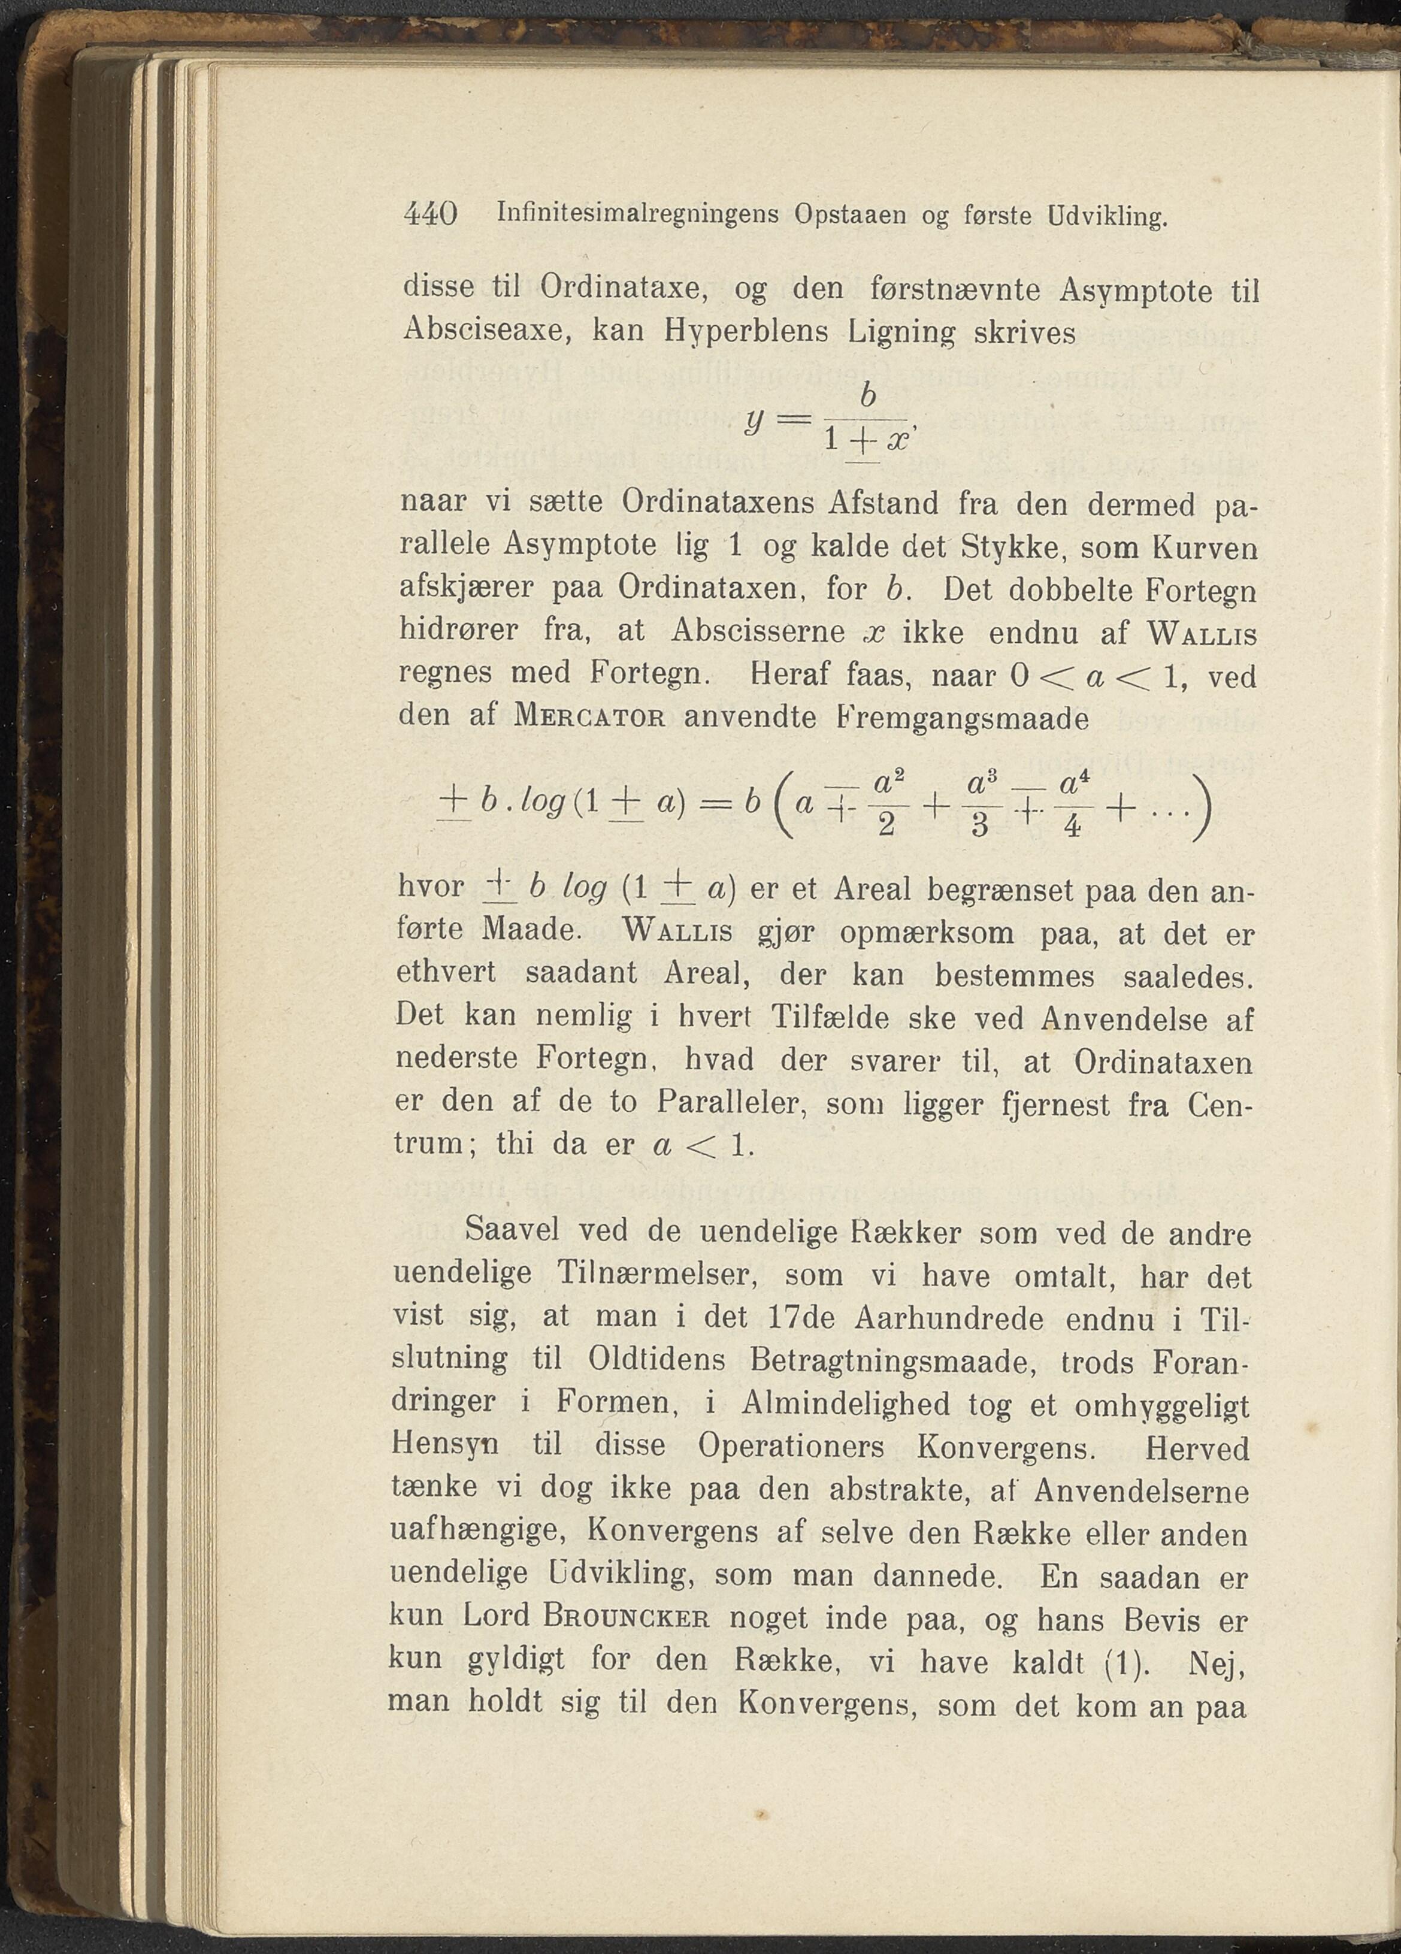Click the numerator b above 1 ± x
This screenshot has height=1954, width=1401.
pos(868,397)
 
